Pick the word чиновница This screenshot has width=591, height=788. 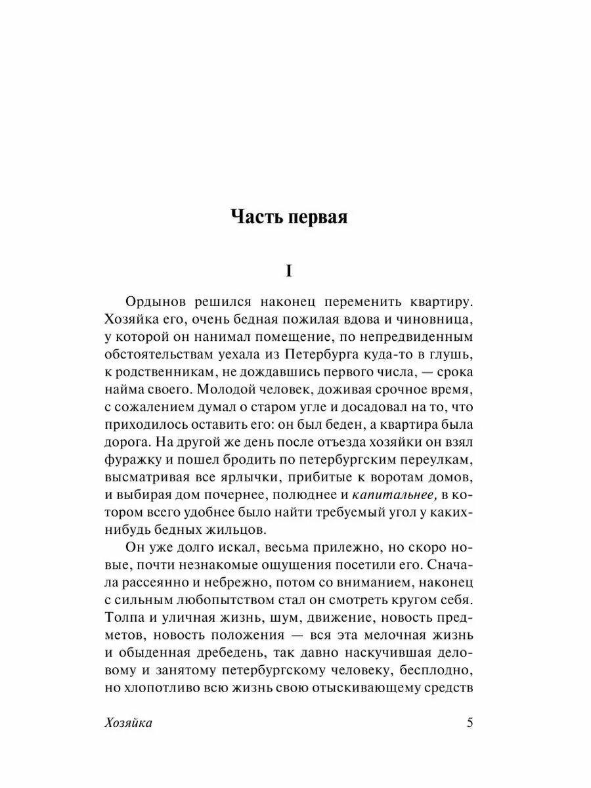click(433, 320)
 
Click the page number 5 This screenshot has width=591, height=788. click(469, 723)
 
